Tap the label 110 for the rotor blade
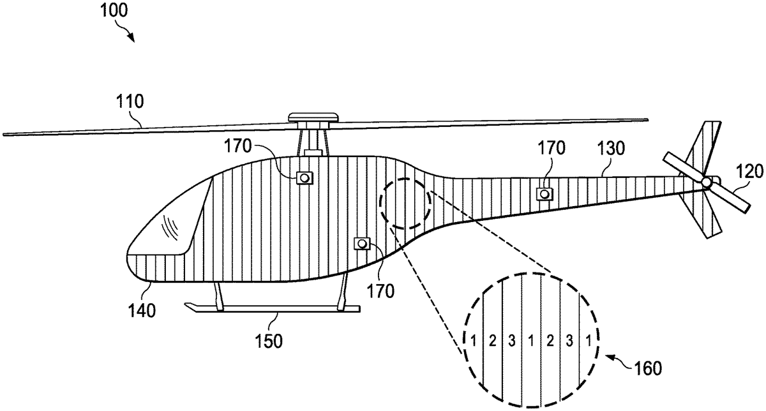click(x=130, y=100)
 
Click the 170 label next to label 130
click(x=552, y=149)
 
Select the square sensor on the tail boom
click(x=545, y=193)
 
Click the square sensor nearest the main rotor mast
click(x=305, y=177)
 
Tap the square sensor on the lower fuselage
click(x=362, y=243)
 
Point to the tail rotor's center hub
click(x=706, y=183)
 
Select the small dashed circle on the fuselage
click(x=405, y=203)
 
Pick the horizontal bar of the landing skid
click(x=274, y=309)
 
